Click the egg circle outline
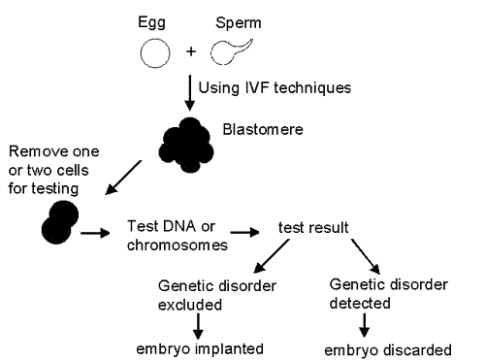154,54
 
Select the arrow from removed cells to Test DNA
95,232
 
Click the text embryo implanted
199,346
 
